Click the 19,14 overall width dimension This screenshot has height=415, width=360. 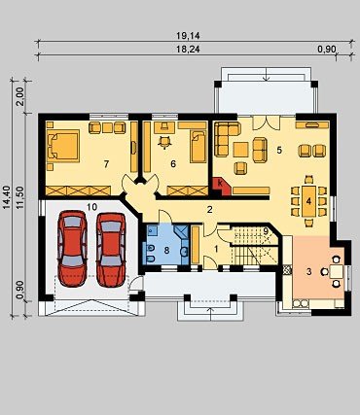(x=188, y=36)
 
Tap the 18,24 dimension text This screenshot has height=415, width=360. (x=188, y=50)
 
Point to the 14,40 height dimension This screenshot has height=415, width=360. (x=7, y=197)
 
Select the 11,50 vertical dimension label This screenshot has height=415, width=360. (x=20, y=197)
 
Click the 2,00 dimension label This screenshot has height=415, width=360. (x=20, y=96)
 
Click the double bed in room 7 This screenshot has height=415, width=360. (x=63, y=146)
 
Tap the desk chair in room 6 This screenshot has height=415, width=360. (x=164, y=141)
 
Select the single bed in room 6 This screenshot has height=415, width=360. (x=198, y=147)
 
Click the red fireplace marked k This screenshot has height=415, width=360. (x=221, y=187)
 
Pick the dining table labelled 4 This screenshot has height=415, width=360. (x=308, y=201)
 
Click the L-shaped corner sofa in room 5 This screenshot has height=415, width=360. (x=228, y=138)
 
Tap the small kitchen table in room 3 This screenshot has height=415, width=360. (x=337, y=271)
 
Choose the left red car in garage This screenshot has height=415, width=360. (x=72, y=249)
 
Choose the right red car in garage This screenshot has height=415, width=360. (x=111, y=250)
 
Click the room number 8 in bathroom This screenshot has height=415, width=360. (x=166, y=250)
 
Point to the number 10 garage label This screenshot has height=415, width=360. (x=92, y=207)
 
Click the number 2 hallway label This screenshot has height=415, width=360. (x=210, y=210)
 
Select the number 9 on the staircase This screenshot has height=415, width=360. (x=266, y=231)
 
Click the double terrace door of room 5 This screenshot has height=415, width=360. (x=266, y=122)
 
